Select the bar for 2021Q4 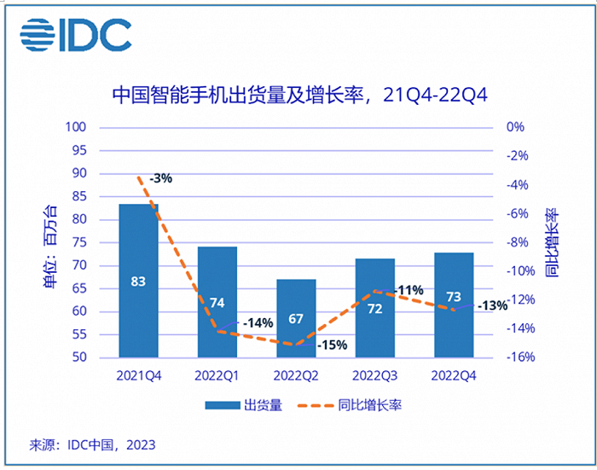[x=138, y=281]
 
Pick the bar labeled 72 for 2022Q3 [x=374, y=308]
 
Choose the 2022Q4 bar [x=454, y=305]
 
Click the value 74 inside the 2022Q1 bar [x=217, y=303]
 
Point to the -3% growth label [x=160, y=179]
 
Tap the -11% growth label [x=409, y=290]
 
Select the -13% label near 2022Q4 [x=493, y=305]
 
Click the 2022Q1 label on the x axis [x=217, y=375]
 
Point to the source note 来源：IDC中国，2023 [x=93, y=444]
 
